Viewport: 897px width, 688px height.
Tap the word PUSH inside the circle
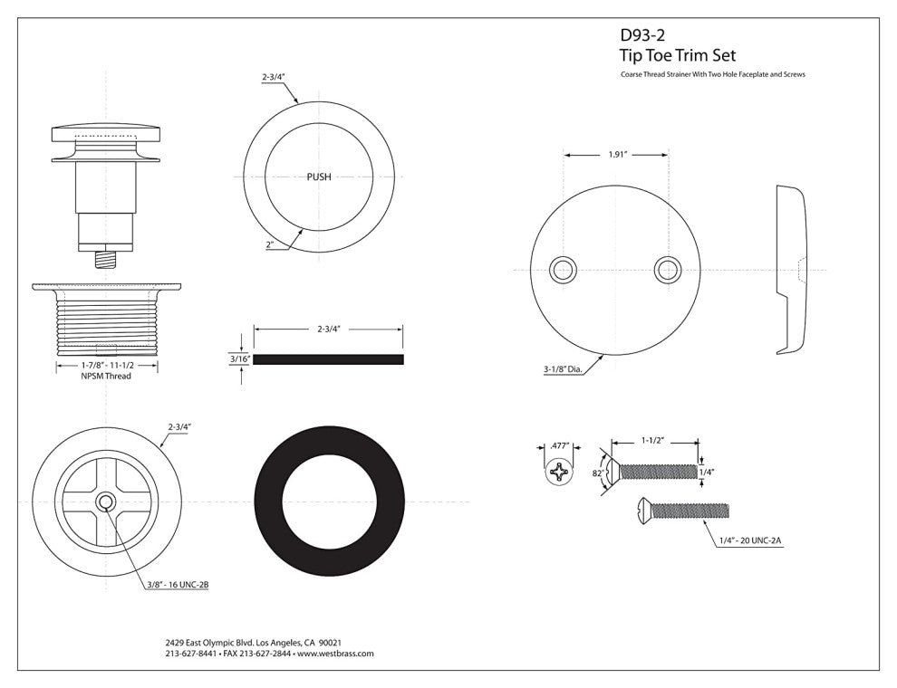coord(319,177)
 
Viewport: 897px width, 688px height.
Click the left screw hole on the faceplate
coord(564,269)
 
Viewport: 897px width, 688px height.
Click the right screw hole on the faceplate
coord(669,269)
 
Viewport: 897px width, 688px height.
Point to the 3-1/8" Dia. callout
coord(567,369)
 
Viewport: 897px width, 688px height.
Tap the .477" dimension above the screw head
coord(559,444)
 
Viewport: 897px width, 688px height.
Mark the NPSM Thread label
coord(106,376)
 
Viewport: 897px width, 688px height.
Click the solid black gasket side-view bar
coord(328,359)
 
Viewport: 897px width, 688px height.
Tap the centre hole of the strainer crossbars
coord(106,502)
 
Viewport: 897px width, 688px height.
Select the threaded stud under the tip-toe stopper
coord(107,260)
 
